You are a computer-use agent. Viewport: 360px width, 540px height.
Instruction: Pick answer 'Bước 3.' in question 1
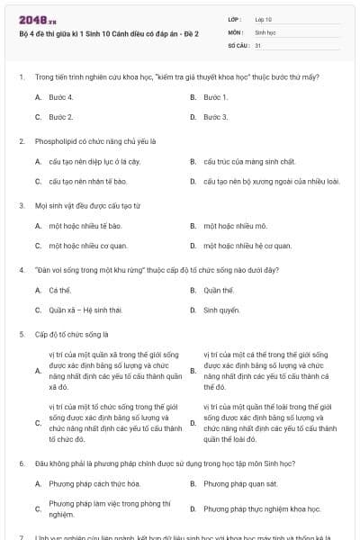(215, 117)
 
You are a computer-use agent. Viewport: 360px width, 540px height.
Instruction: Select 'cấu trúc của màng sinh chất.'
(248, 161)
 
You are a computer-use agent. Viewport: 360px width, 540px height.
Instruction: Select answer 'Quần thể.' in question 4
(219, 290)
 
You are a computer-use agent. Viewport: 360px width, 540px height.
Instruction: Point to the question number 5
(21, 334)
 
